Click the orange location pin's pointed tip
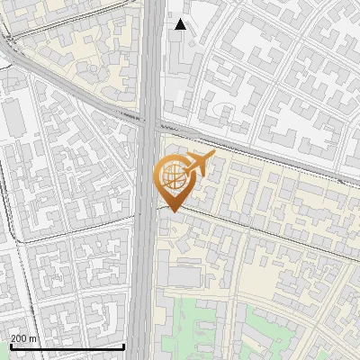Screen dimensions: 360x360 (171, 211)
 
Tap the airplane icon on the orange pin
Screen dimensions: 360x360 (197, 166)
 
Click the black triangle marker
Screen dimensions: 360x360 (181, 24)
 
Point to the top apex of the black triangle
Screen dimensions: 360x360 (181, 19)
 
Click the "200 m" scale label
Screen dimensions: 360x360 (24, 338)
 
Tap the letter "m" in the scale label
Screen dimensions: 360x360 (34, 338)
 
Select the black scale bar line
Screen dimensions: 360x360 (67, 346)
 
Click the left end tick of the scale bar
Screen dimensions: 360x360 (10, 345)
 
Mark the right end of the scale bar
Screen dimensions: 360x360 (124, 346)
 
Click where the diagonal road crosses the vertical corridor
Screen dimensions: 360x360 (151, 118)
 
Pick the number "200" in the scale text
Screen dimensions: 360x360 (20, 338)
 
